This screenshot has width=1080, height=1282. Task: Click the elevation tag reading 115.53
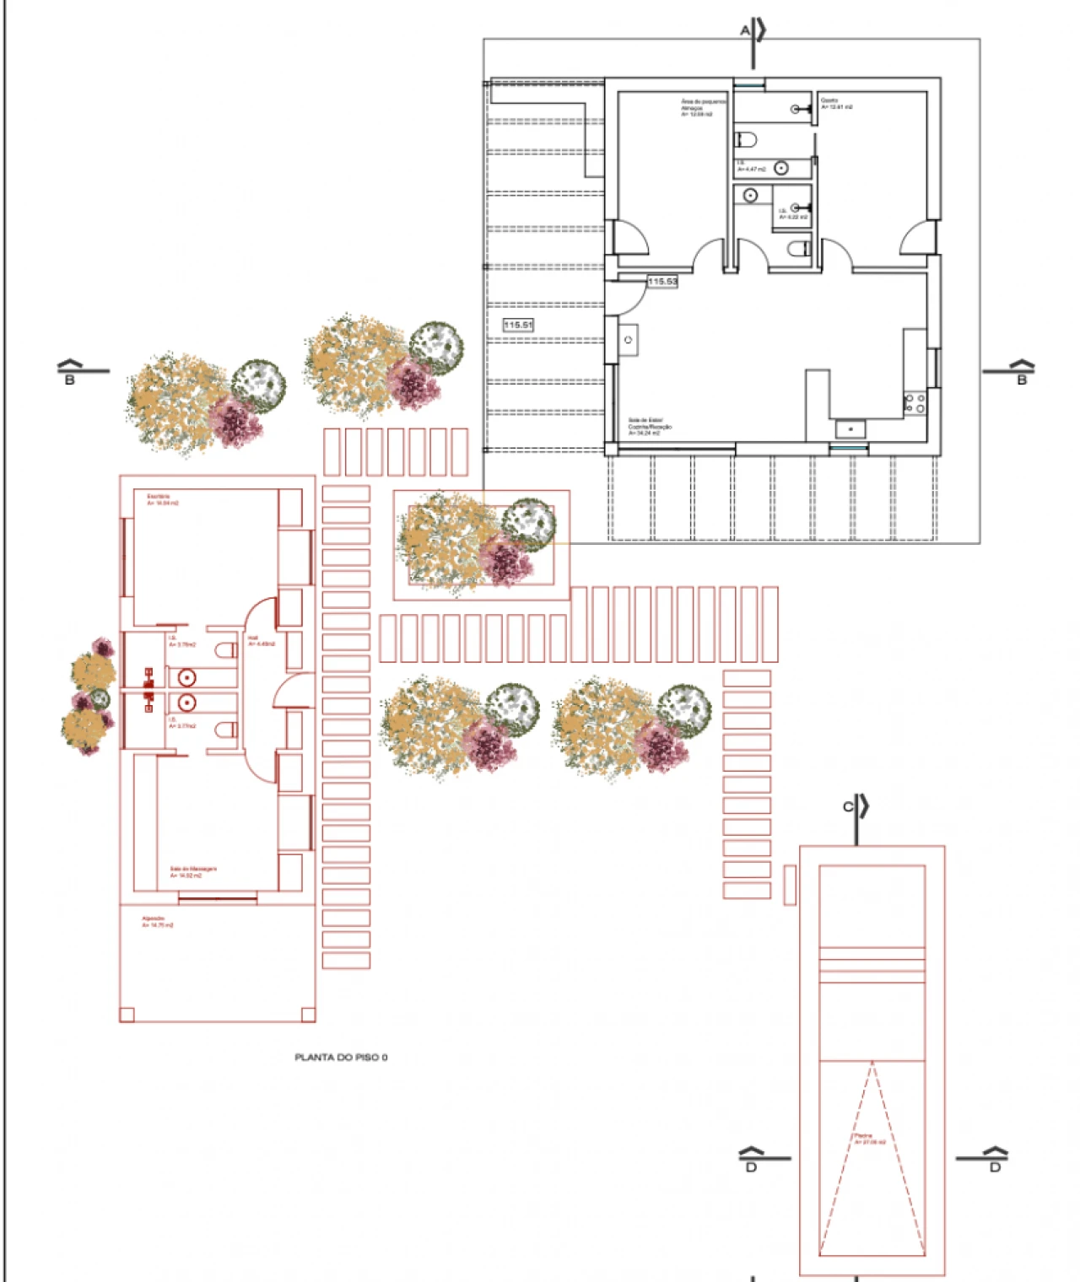click(x=662, y=282)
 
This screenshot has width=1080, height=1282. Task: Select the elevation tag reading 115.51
click(x=518, y=325)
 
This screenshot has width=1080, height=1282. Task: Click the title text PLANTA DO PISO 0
click(x=341, y=1057)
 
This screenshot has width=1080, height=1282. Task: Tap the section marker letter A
click(x=745, y=30)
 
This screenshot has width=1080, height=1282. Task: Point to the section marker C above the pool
click(x=848, y=806)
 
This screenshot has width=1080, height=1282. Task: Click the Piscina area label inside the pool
click(x=869, y=1139)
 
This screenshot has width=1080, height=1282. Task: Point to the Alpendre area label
click(x=157, y=922)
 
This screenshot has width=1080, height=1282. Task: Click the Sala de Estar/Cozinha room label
click(x=650, y=426)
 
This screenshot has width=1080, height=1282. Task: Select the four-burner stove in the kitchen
click(x=915, y=402)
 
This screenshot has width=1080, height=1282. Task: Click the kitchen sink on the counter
click(x=850, y=429)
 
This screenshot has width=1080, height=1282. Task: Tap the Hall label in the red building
click(x=260, y=641)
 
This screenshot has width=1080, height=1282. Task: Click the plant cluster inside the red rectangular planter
click(x=477, y=542)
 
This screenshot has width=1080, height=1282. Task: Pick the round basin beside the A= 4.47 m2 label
click(x=781, y=168)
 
